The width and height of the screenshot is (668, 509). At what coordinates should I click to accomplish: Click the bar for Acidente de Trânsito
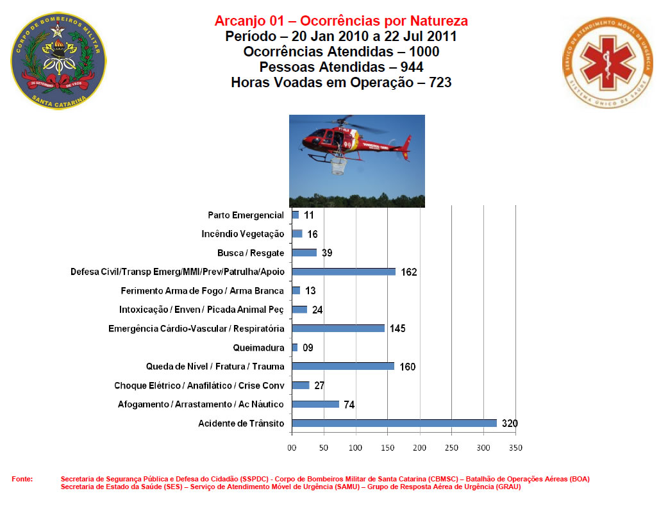coord(394,423)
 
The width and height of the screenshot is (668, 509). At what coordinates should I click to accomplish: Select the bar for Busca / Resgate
coord(304,253)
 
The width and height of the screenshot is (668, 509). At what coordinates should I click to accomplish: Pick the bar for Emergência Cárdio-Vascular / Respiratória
coord(338,328)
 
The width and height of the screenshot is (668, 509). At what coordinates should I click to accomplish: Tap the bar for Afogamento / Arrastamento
coord(315,404)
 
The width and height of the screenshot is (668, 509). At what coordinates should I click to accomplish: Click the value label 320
coord(510,424)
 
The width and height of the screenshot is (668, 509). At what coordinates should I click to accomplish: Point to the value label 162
coord(409,272)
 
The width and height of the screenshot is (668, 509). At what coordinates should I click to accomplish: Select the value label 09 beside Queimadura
coord(308,347)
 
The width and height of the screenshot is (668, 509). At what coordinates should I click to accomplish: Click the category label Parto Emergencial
coord(246,215)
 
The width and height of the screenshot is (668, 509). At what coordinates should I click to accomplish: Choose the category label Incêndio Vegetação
coord(242,234)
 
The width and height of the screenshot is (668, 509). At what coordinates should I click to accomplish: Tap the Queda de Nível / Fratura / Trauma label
coord(215,367)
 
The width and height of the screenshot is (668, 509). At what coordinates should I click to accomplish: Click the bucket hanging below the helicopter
coord(339,169)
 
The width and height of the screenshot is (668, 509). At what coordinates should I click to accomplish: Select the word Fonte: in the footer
coord(22,479)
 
